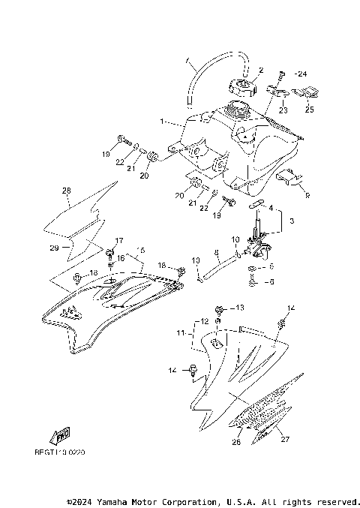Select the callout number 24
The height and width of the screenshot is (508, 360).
point(301,74)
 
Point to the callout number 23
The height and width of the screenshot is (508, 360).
point(283,110)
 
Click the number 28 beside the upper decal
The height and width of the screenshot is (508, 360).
point(67,191)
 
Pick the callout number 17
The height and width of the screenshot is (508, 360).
point(118,241)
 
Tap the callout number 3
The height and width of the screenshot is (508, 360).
point(292,221)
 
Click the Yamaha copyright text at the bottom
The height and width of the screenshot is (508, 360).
point(213,500)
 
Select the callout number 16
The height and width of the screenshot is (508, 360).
point(120,257)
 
